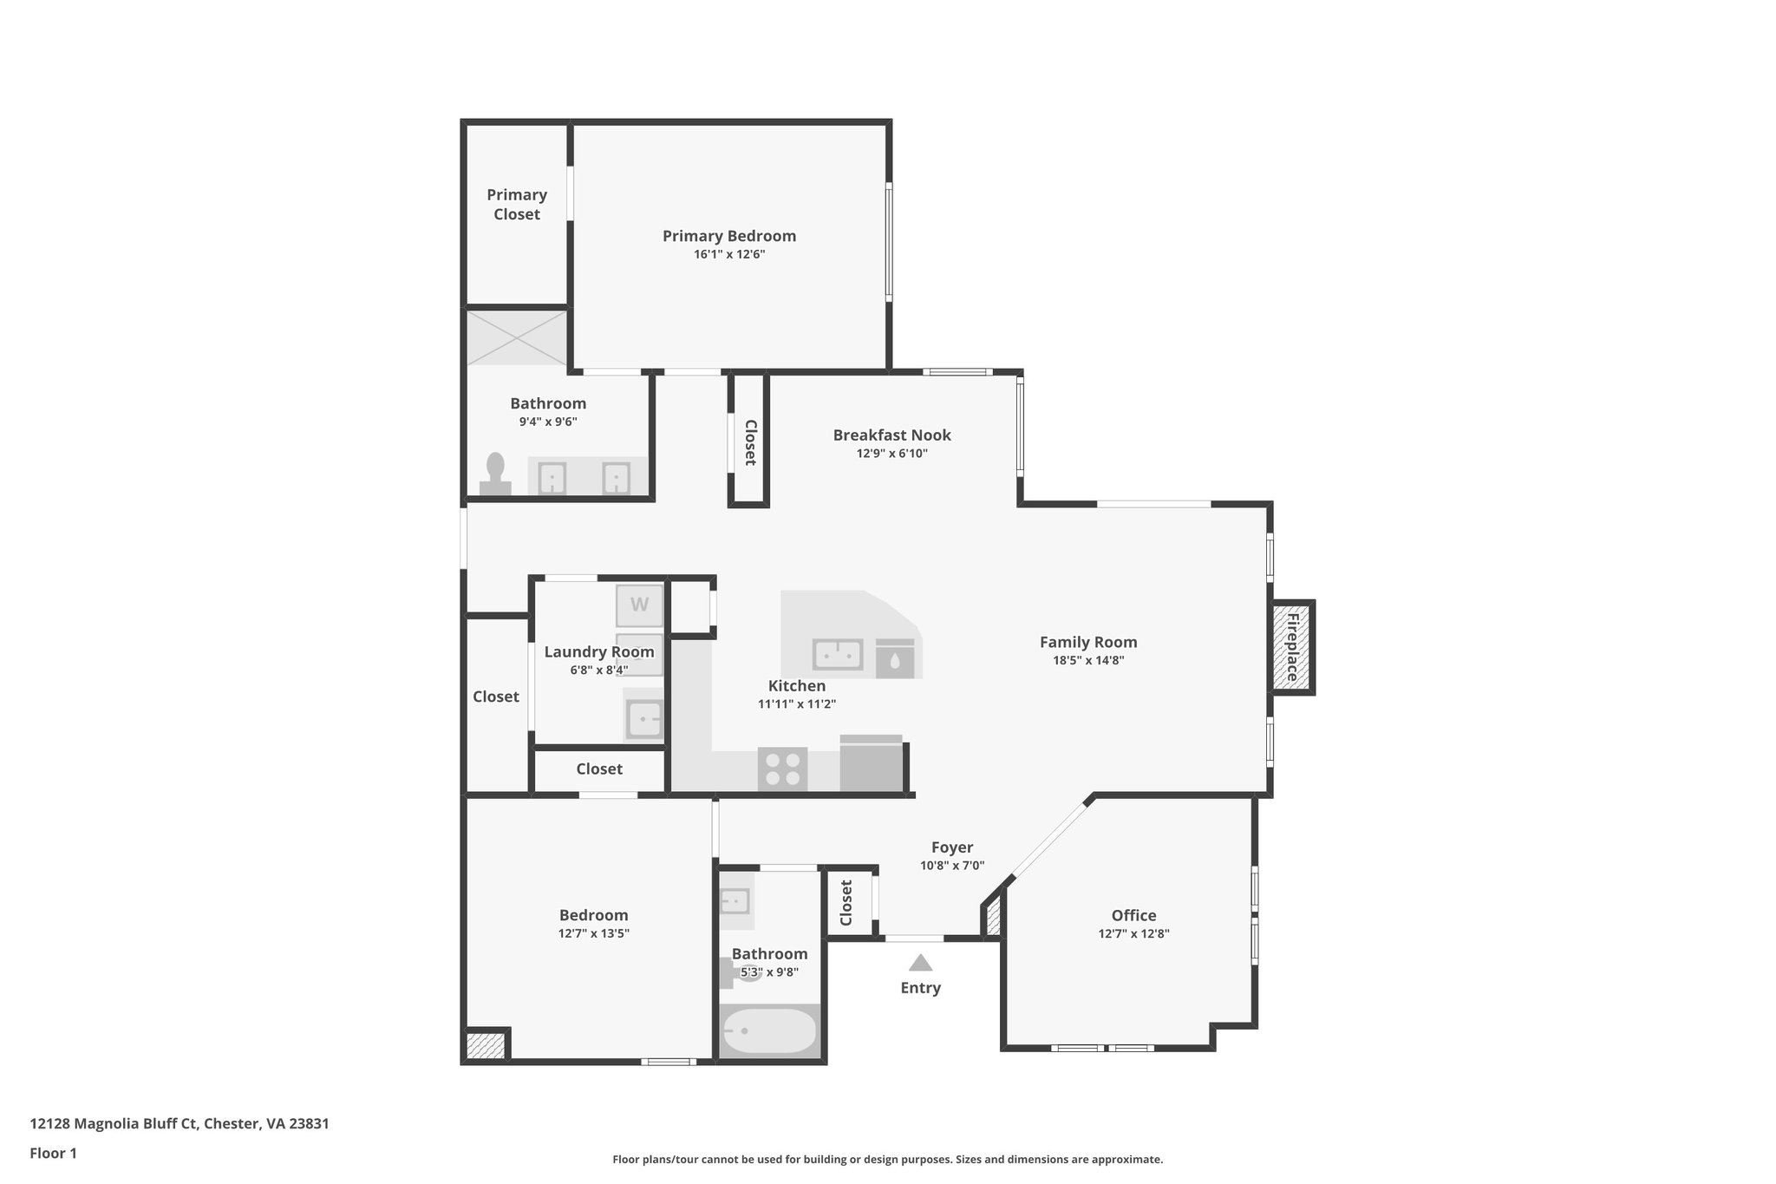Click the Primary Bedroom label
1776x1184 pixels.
(x=729, y=236)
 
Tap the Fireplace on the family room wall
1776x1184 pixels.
(x=1291, y=647)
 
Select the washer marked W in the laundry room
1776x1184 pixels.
(x=639, y=605)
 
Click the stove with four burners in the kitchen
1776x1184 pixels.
(x=783, y=769)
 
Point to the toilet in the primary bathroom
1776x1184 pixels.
(x=495, y=474)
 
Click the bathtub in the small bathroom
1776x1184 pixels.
(x=770, y=1030)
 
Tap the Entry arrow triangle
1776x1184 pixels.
(x=920, y=963)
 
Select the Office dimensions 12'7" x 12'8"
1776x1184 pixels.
(x=1133, y=934)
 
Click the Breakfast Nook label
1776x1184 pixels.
(x=891, y=435)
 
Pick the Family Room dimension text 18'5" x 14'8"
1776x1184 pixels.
(x=1088, y=660)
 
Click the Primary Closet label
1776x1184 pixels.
(x=517, y=205)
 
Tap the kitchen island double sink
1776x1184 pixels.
(x=837, y=655)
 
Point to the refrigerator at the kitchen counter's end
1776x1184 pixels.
(x=872, y=763)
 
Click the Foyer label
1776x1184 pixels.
(x=952, y=847)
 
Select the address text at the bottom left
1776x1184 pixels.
(x=180, y=1124)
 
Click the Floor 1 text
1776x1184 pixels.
(x=53, y=1154)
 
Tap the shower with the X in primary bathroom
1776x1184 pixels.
(x=517, y=337)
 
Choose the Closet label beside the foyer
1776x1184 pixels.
(x=846, y=903)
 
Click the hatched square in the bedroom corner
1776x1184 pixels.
(x=485, y=1044)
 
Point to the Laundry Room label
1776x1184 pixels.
(x=599, y=652)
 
